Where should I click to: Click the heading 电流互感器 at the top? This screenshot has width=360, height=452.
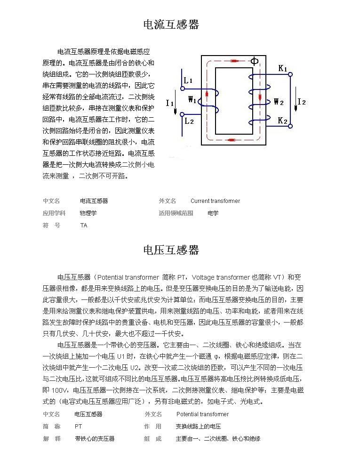tap(171, 24)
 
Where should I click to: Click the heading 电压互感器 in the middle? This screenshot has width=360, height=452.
tap(171, 250)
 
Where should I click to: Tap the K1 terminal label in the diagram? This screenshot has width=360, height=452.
tap(283, 68)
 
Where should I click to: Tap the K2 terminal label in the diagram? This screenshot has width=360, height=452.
tap(282, 121)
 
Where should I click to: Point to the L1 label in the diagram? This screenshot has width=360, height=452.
tap(188, 81)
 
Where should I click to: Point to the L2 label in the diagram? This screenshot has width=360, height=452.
tap(189, 121)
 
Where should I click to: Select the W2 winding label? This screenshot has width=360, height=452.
tap(279, 101)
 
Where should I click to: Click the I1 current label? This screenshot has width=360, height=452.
tap(170, 103)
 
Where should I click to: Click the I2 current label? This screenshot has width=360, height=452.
tap(302, 102)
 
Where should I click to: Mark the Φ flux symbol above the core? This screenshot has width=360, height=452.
tap(254, 61)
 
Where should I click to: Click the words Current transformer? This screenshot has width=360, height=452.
tap(215, 201)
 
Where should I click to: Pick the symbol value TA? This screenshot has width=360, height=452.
tap(84, 226)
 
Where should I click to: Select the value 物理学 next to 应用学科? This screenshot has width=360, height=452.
tap(88, 213)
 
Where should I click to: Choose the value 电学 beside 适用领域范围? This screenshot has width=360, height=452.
tap(213, 213)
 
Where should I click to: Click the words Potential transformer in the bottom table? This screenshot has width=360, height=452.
tap(202, 414)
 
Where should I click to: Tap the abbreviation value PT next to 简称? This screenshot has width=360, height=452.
tap(79, 427)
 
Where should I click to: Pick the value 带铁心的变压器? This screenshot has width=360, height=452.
tap(95, 439)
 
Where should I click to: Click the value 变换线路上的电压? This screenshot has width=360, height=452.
tap(198, 427)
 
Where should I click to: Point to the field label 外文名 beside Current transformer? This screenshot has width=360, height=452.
tap(168, 201)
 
